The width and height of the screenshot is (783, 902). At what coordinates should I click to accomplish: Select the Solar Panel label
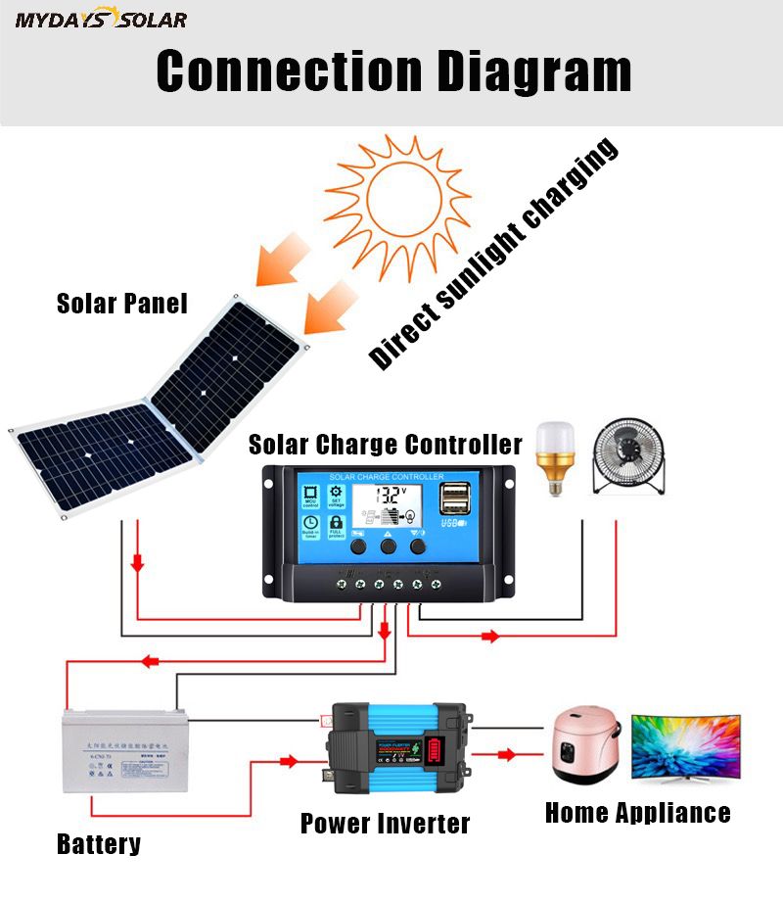(x=121, y=303)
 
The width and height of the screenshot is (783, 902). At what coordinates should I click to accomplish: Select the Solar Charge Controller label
(x=385, y=445)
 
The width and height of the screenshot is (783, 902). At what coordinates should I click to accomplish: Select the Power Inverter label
(x=385, y=823)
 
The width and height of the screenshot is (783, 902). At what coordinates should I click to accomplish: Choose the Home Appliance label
(x=637, y=812)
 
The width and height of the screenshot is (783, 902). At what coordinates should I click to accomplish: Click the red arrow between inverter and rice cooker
(x=506, y=754)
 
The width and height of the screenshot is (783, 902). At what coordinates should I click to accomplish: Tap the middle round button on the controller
(x=389, y=546)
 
